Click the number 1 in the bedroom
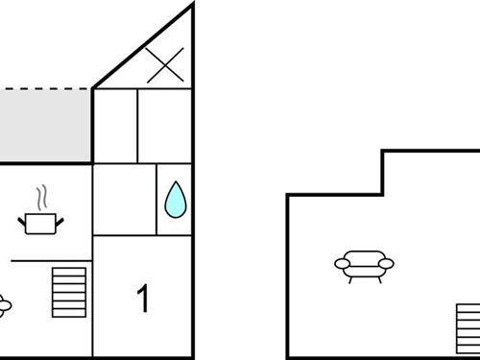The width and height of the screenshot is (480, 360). click(x=144, y=300)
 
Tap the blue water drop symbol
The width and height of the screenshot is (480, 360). click(x=175, y=199)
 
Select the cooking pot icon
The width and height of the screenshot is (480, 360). click(x=39, y=224)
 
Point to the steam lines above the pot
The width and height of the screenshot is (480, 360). click(x=40, y=198)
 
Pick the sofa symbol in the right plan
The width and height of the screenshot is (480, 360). click(x=364, y=265)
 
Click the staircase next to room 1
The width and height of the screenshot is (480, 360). click(x=69, y=292)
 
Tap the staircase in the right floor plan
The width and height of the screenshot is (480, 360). click(x=468, y=328)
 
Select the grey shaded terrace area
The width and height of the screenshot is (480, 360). click(x=45, y=125)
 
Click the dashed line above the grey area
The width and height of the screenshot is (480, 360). click(x=45, y=89)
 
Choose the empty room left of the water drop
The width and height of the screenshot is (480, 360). click(x=124, y=199)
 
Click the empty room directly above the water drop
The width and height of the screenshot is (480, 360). click(x=165, y=126)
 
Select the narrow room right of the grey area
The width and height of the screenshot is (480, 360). click(x=115, y=126)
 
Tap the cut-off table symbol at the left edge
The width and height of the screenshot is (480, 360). click(x=4, y=305)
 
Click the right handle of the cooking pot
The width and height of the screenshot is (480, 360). click(x=60, y=221)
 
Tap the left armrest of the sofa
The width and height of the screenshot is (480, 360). click(x=340, y=262)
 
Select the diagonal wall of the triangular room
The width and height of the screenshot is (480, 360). click(x=144, y=46)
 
